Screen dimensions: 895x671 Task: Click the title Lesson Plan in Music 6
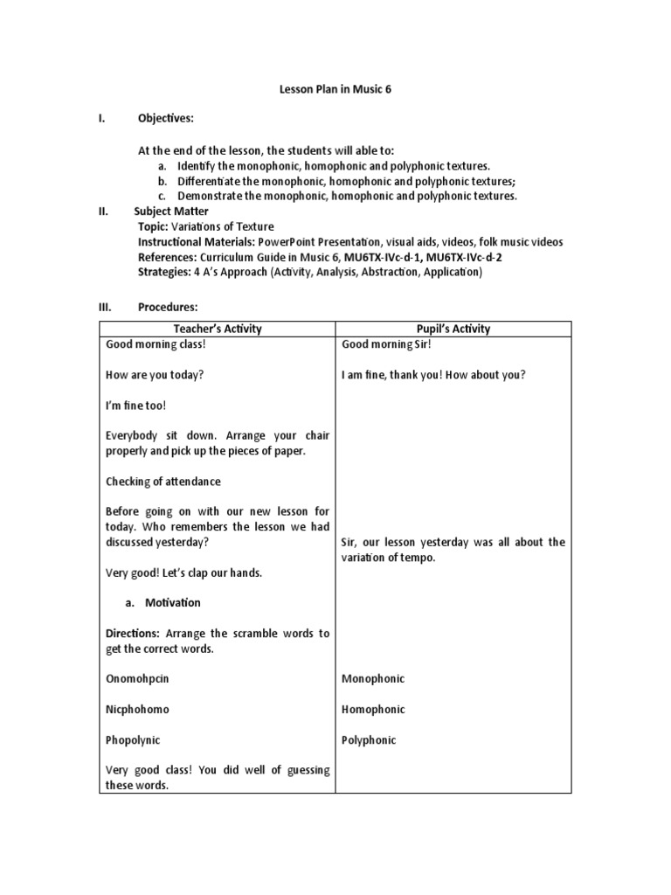335,89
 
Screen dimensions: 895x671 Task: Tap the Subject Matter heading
171,211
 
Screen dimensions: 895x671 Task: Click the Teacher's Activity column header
218,329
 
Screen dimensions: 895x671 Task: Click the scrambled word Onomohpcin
135,678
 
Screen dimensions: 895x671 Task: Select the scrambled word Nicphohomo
137,709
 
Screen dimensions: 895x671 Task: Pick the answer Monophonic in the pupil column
373,678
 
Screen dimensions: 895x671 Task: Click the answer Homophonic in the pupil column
373,709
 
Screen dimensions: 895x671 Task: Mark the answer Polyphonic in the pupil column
369,739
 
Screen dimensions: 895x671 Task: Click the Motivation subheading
173,602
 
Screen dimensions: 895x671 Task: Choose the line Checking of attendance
163,482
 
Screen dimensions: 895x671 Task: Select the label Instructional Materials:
197,242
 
